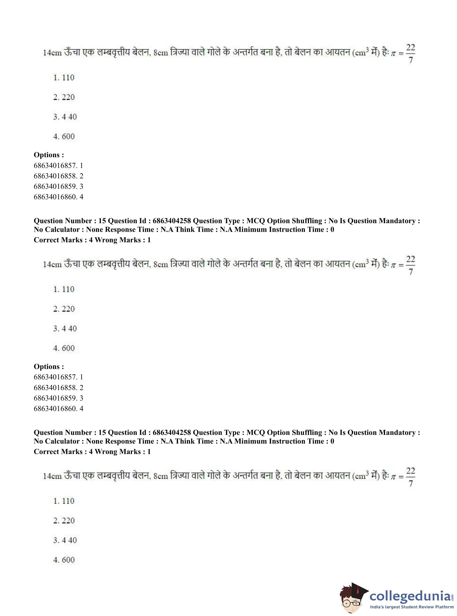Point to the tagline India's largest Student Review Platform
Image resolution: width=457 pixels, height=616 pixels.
412,607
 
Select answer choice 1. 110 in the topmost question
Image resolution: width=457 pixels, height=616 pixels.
64,78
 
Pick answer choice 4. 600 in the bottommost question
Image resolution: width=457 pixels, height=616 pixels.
64,560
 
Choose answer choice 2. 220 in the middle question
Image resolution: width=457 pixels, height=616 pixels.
64,309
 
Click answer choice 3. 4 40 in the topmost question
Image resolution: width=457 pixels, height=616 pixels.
65,117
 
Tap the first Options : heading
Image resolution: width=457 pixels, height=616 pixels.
49,155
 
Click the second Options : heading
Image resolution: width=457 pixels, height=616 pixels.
49,367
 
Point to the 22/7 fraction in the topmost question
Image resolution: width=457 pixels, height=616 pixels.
410,53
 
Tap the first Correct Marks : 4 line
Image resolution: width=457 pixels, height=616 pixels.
92,240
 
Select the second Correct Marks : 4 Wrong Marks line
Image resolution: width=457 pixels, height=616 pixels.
92,452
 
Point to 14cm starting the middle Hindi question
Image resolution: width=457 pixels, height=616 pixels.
52,265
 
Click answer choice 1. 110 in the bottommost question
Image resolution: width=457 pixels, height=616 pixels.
64,501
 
